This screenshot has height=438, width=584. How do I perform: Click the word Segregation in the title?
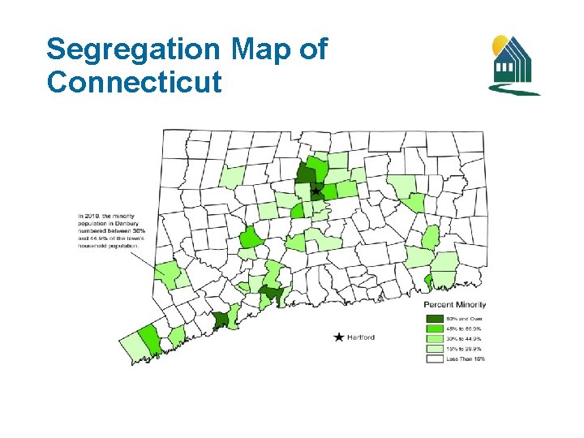coord(134,50)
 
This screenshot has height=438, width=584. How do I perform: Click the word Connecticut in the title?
coord(134,81)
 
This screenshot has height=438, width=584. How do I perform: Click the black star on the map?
coord(316,191)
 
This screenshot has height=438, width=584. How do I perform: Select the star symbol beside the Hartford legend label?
coord(338,337)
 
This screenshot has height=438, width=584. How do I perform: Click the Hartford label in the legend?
coord(361,337)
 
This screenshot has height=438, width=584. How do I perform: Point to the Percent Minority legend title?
coord(455,305)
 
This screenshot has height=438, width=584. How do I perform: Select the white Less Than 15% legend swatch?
coord(434,359)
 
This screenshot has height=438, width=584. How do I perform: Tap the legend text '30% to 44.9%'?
coord(464,338)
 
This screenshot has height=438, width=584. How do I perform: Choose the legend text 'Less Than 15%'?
coord(466,359)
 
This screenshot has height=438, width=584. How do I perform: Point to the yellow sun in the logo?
coord(500,42)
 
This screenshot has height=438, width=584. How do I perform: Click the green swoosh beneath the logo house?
coord(513,90)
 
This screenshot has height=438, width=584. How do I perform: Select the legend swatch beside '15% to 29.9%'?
coord(434,348)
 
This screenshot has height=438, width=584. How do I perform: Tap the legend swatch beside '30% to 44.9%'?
coord(434,338)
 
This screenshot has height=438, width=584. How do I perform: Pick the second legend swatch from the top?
coord(434,328)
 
